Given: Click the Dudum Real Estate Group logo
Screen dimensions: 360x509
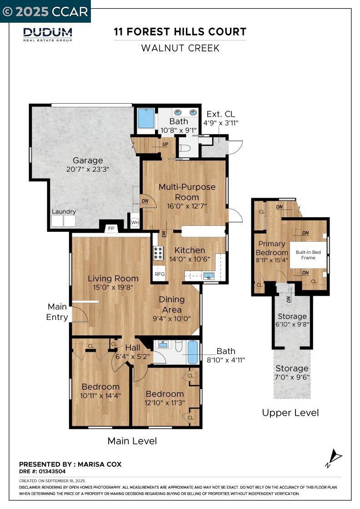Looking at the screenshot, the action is (48, 35).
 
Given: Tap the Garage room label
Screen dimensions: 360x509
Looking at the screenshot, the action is (88, 160).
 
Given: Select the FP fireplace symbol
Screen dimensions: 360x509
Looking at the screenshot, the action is (111, 229).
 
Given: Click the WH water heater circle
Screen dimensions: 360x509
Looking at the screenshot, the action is (135, 222).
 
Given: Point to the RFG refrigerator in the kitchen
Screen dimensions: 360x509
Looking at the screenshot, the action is (160, 274).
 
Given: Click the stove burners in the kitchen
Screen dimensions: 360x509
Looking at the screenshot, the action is (159, 253).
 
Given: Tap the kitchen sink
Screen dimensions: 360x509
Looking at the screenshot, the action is (209, 276).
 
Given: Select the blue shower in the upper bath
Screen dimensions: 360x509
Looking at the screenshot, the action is (146, 118).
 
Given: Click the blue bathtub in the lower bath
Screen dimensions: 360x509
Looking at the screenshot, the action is (193, 352).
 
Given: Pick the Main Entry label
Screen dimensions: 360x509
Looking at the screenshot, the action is (57, 312).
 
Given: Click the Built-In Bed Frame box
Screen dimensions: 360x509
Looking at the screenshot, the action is (308, 255).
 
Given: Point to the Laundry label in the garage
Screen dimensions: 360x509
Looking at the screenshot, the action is (64, 211).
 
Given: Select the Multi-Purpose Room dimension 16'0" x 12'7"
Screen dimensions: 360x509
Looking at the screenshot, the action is (187, 206).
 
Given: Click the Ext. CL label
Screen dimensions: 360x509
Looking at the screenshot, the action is (221, 114).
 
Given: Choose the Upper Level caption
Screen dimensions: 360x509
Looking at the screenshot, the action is (290, 413).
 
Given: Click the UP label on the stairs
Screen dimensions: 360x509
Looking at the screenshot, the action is (165, 144).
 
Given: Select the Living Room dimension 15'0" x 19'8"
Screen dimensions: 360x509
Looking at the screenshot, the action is (113, 287).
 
